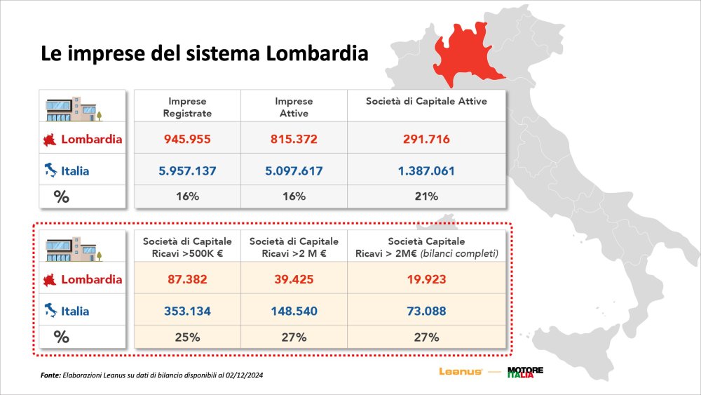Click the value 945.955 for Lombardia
coord(187,139)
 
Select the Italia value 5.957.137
coord(187,170)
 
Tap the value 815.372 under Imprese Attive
coord(294,139)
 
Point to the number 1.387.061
coord(426,170)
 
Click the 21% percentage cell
coord(426,196)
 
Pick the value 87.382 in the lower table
coord(187,279)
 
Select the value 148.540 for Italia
coord(294,311)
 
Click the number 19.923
coord(426,279)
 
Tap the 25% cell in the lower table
coord(187,337)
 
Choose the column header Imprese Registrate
coord(187,107)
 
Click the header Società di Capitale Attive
coord(426,102)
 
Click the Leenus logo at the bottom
coord(460,372)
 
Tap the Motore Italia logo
coord(525,372)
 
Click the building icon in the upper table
coord(73,107)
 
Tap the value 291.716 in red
coord(426,139)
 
